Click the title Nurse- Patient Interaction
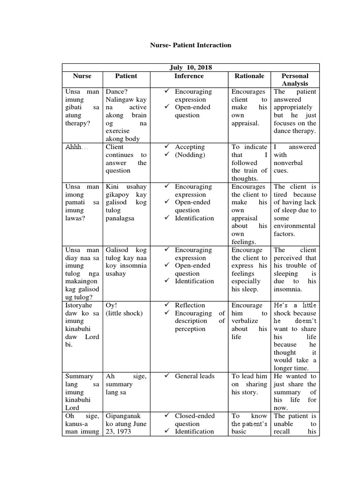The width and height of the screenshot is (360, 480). point(190,45)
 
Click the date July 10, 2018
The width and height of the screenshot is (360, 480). point(190,67)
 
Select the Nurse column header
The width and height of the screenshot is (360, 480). point(82,76)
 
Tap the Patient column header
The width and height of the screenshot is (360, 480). point(126,76)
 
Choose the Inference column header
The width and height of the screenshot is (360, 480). point(189,76)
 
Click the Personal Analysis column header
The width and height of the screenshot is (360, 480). point(294,80)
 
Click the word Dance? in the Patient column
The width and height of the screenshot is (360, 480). point(117,92)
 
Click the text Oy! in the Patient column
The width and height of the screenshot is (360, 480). point(111,306)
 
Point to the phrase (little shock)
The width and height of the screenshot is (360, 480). point(124,314)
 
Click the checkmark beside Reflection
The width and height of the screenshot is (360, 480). point(167,306)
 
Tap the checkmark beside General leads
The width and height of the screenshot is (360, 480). point(167,376)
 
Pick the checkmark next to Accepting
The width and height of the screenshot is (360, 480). point(167,147)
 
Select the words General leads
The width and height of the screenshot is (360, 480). point(195,376)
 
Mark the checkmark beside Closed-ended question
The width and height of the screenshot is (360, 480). point(167,416)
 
